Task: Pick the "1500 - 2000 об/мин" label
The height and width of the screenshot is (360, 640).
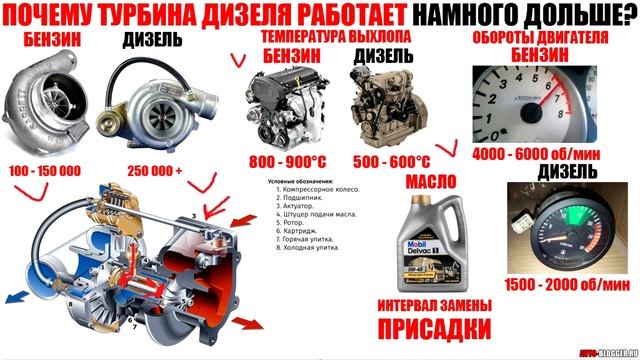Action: pyautogui.click(x=554, y=285)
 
